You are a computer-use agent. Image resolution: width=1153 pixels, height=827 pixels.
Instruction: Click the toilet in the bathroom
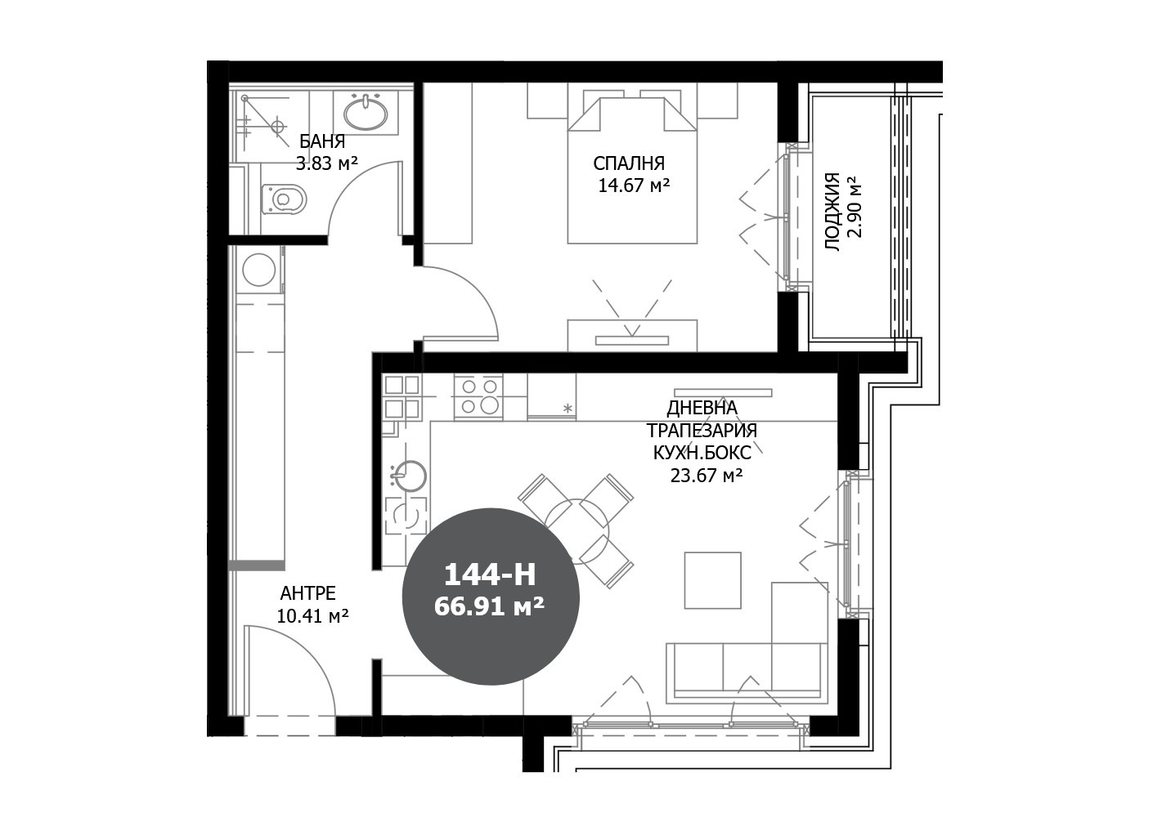pos(284,199)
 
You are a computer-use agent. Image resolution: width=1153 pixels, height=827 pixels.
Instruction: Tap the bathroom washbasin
pos(366,113)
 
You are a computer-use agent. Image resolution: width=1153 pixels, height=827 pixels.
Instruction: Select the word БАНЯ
pos(322,141)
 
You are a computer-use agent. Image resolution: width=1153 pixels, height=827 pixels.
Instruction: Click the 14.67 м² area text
pos(634,186)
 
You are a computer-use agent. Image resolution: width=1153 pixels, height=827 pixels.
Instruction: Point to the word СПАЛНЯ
pos(629,163)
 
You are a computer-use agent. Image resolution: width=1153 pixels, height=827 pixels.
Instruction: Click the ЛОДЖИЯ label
pos(832,212)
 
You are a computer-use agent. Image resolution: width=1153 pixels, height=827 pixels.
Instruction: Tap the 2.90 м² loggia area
pos(854,207)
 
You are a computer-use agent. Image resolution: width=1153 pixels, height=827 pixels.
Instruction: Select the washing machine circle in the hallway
pos(259,270)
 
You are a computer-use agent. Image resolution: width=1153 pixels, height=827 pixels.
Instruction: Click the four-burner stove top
pos(478,396)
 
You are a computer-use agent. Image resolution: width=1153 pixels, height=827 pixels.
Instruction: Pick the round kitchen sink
pos(409,476)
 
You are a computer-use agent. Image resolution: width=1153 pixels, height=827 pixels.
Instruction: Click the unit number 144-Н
pos(490,574)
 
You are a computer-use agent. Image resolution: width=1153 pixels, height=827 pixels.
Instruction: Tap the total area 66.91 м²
pos(490,607)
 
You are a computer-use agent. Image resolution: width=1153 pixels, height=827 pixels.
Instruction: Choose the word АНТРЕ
pos(307,593)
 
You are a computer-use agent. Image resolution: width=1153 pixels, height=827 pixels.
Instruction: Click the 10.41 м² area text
pos(313,615)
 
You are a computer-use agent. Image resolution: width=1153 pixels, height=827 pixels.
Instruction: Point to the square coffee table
pos(712,581)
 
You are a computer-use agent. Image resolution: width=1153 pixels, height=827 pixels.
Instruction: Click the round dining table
pos(577,530)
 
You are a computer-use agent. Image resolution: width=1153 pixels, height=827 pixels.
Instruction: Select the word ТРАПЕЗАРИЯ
pos(702,431)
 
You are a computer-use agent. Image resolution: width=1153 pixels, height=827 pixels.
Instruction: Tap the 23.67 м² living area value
pos(707,476)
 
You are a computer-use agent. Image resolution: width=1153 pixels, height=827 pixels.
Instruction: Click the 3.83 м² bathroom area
pos(327,163)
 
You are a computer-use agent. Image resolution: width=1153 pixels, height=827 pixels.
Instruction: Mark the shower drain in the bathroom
pos(279,126)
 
